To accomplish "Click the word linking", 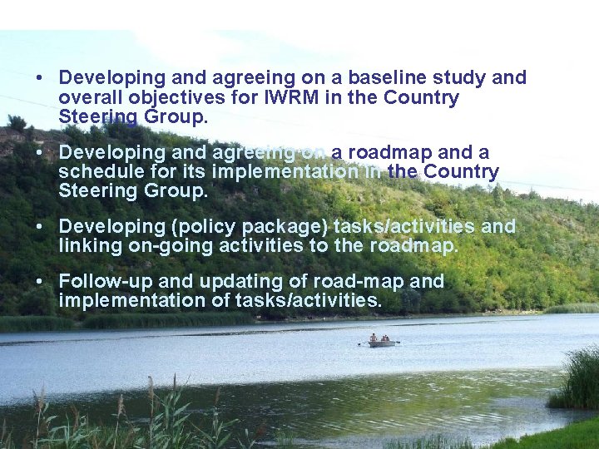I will tap(86, 246).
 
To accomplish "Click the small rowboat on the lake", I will tap(381, 341).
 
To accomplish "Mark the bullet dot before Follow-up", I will tap(39, 282).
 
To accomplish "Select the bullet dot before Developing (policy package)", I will tap(39, 227).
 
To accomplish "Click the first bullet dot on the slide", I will tap(39, 78).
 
